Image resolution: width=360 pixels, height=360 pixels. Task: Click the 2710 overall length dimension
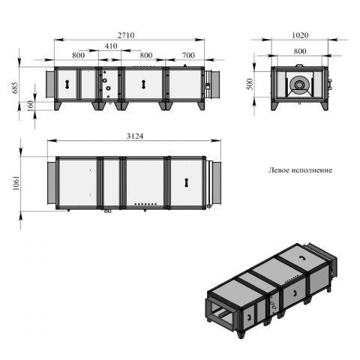click(x=126, y=35)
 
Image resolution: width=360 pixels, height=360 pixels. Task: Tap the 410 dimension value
click(x=111, y=46)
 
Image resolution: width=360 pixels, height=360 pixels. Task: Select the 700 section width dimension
click(x=188, y=55)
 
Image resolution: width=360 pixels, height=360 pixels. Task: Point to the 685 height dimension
click(x=16, y=88)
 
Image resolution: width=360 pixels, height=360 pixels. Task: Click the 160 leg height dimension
click(x=30, y=106)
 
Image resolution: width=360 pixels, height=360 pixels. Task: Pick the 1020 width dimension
click(x=300, y=35)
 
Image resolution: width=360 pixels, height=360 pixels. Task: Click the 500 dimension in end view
click(x=250, y=84)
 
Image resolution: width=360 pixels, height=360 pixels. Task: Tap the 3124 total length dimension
click(x=135, y=136)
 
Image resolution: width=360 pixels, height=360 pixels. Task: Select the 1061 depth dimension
click(x=16, y=183)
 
